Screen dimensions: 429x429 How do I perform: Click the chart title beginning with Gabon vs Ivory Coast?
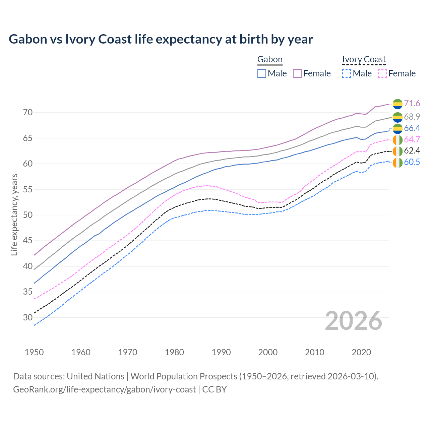161,39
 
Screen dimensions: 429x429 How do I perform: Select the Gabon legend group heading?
270,60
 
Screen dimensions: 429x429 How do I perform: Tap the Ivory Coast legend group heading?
364,60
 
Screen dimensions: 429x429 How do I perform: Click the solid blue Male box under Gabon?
262,73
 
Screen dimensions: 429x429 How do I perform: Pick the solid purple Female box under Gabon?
298,73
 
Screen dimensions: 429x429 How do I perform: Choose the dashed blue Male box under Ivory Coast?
347,73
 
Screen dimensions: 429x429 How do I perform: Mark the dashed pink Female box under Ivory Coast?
382,73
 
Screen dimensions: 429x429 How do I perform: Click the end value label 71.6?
412,103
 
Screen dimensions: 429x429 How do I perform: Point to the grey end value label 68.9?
412,117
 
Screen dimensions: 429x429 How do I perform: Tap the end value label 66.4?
412,128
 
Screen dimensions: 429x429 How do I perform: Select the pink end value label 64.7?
412,139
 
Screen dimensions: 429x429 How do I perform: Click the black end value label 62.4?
412,150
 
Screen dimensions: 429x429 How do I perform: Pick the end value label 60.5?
412,162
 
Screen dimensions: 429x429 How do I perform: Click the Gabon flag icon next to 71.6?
397,104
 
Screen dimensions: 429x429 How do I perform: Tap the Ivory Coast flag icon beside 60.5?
397,163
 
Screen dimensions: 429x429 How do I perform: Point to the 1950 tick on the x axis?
34,352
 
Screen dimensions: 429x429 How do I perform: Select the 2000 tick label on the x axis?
268,352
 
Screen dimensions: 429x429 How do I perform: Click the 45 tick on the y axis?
28,241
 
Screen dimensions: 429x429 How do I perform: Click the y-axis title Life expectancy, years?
14,214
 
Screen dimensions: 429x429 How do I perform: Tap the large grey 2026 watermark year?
354,321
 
